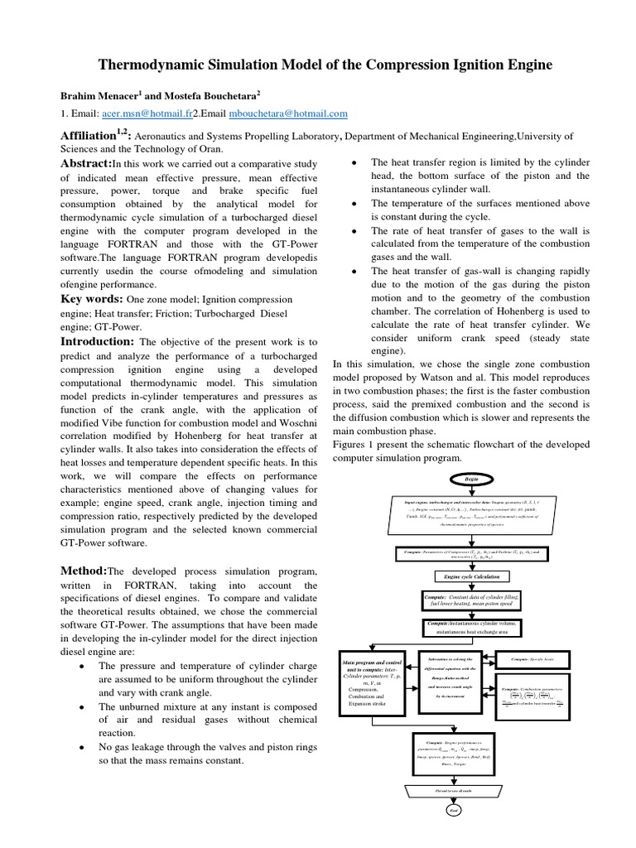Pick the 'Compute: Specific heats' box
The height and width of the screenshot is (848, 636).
pos(544,658)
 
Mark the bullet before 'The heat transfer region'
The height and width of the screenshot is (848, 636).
pos(354,163)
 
